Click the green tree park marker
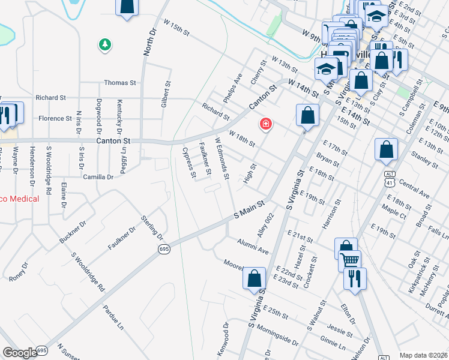pyautogui.click(x=105, y=44)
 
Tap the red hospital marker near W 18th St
pyautogui.click(x=265, y=124)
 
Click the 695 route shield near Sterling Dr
pyautogui.click(x=164, y=248)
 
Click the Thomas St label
pyautogui.click(x=120, y=83)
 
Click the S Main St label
pyautogui.click(x=249, y=209)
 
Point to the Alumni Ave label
pyautogui.click(x=252, y=245)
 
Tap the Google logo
pyautogui.click(x=20, y=353)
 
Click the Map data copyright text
pyautogui.click(x=423, y=355)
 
